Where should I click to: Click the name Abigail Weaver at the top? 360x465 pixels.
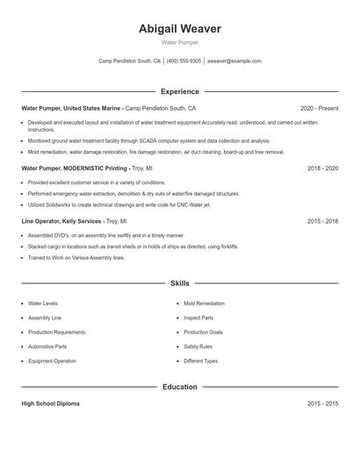coord(179,29)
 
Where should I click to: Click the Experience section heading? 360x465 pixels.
coord(179,91)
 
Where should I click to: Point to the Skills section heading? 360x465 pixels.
coord(179,283)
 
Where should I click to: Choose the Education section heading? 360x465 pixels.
coord(179,386)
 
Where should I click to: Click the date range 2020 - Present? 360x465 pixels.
coord(319,108)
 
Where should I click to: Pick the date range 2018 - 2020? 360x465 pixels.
coord(322,168)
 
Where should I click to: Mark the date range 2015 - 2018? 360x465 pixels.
coord(322,221)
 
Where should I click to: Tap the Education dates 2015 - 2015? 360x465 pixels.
coord(322,404)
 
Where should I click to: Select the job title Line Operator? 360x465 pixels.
coord(42,221)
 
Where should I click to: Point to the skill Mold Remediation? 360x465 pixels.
coord(204,304)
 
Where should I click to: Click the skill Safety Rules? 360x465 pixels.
coord(198,347)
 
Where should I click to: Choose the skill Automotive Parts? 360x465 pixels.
coord(47,347)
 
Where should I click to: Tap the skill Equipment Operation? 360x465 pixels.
coord(52,361)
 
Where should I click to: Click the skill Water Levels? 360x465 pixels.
coord(43,304)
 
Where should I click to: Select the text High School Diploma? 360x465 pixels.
coord(50,404)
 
